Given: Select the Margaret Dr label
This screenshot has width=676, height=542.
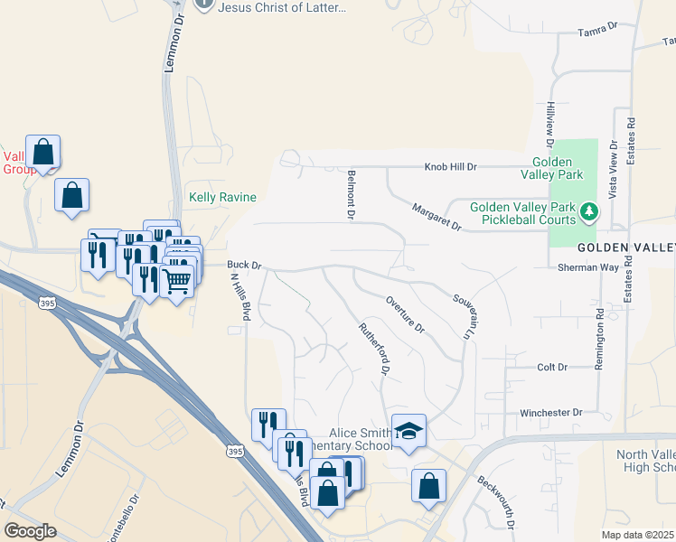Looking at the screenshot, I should tap(437, 217).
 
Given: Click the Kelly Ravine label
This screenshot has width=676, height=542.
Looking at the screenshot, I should tap(222, 197).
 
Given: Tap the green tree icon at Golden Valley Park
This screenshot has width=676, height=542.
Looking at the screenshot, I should tap(589, 211).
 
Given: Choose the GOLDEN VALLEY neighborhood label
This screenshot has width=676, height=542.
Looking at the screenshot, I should tap(626, 247).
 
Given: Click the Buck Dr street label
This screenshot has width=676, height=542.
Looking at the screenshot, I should tap(244, 266).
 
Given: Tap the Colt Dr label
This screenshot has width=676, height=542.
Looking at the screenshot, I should tap(552, 368).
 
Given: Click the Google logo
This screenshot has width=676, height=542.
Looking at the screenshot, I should tap(30, 531).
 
